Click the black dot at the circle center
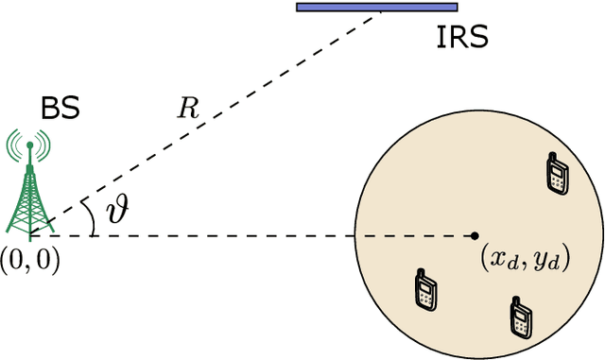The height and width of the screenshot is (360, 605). (475, 235)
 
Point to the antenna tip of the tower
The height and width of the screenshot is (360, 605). (29, 144)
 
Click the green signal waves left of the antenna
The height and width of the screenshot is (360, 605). (14, 146)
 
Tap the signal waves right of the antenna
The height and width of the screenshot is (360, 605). (43, 146)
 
